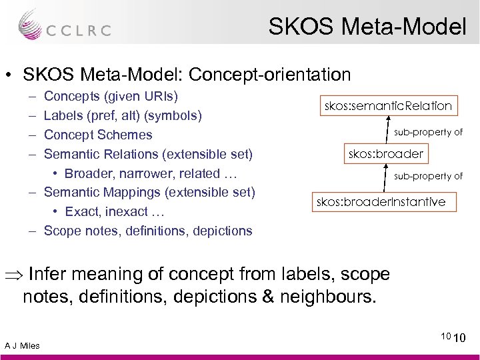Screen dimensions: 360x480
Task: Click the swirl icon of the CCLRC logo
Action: coord(29,23)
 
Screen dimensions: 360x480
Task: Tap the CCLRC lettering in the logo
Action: coord(78,30)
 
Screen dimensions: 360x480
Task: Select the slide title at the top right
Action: coord(367,26)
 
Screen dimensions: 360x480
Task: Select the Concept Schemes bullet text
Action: coord(98,135)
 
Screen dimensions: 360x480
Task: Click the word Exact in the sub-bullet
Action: coord(81,212)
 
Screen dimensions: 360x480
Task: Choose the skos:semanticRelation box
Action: coord(388,105)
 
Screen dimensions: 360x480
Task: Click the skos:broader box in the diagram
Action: coord(385,154)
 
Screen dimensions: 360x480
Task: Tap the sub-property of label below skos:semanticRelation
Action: coord(428,132)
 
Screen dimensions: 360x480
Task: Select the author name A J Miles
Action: coord(22,345)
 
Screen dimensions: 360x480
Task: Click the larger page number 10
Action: coord(460,340)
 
